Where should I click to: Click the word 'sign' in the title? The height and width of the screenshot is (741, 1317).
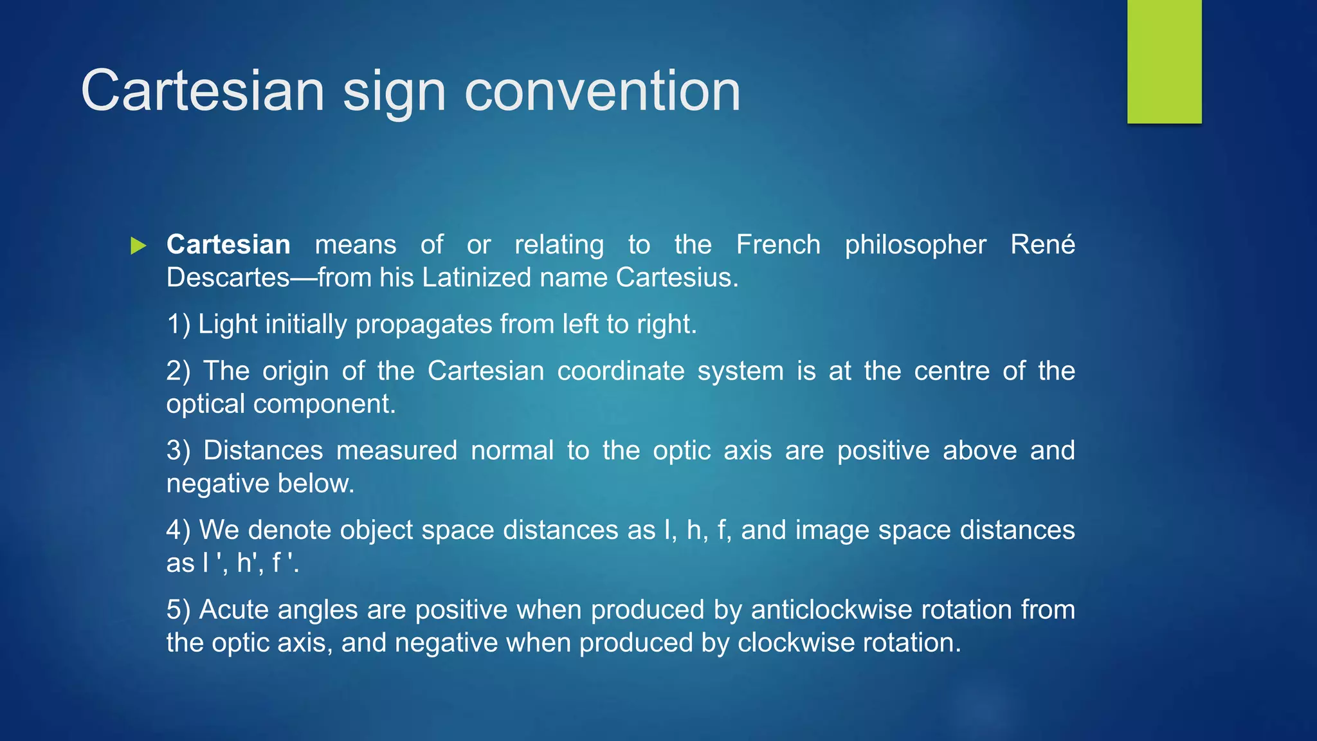click(x=394, y=92)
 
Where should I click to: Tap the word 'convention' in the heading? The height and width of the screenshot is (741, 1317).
click(x=602, y=92)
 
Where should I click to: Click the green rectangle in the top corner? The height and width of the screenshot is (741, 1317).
click(x=1164, y=61)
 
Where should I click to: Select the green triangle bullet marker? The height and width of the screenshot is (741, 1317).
click(x=138, y=245)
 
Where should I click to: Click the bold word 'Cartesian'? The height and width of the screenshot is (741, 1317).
click(x=228, y=245)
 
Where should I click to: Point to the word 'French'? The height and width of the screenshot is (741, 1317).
click(x=778, y=245)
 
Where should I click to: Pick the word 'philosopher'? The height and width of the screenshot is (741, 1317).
click(x=915, y=245)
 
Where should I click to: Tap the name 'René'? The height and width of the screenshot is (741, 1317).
click(x=1042, y=245)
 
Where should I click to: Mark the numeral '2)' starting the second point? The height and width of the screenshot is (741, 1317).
click(x=178, y=371)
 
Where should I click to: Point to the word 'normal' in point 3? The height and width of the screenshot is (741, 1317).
click(x=512, y=450)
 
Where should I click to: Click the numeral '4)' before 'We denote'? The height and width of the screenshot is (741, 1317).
click(x=178, y=530)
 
